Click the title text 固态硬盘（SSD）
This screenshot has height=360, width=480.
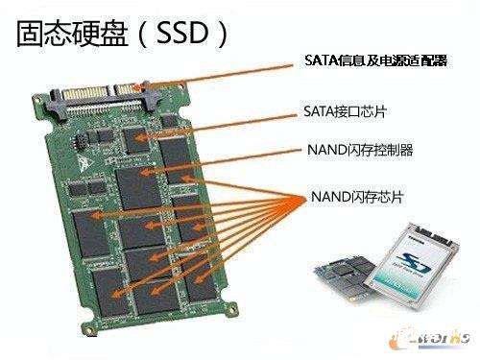[x=120, y=35]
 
